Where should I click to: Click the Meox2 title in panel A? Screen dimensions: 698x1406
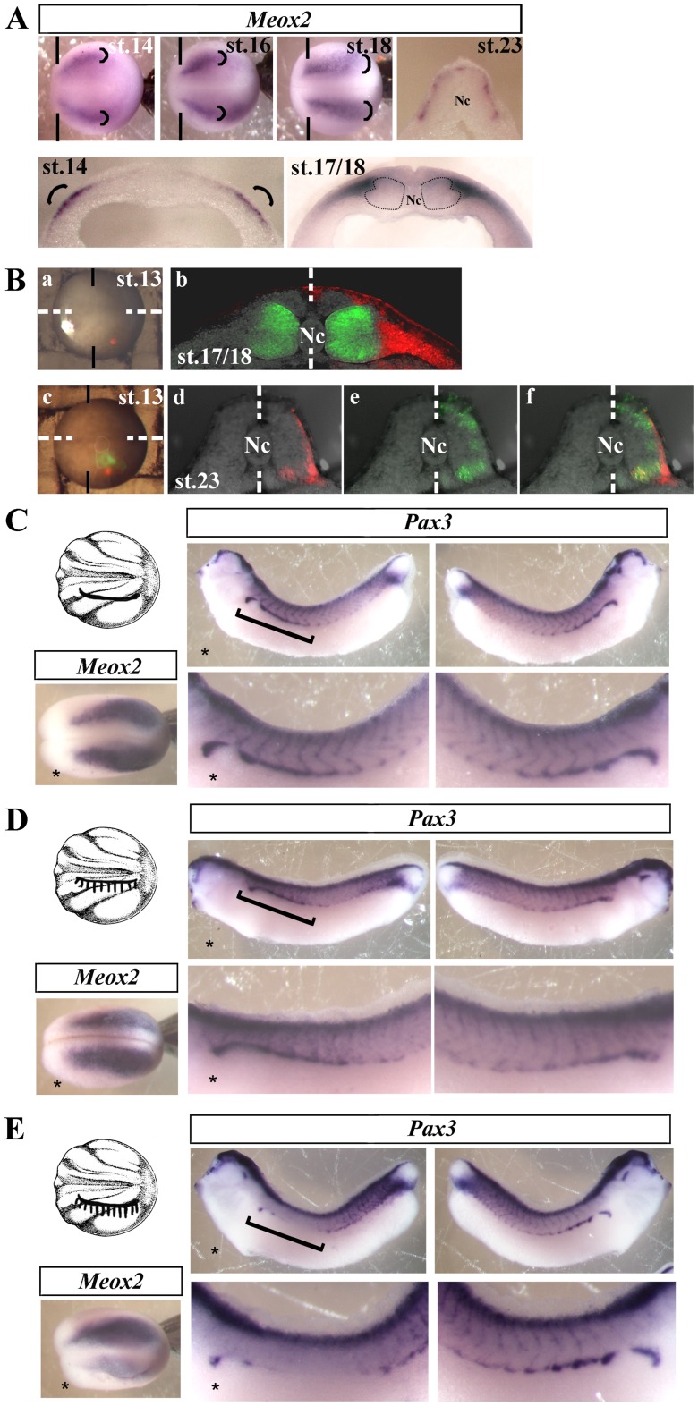point(278,20)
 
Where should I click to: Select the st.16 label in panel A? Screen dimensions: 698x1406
point(249,46)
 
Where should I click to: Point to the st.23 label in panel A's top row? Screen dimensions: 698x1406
point(498,46)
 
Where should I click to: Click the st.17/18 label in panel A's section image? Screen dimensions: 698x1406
point(328,167)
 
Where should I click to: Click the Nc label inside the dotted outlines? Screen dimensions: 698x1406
point(413,199)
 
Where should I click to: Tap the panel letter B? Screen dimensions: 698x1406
point(16,280)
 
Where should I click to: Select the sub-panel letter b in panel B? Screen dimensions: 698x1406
point(182,279)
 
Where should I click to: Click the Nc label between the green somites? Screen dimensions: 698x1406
point(311,335)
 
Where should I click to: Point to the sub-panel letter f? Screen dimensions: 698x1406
point(530,397)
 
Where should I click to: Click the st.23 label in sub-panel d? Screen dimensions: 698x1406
point(198,481)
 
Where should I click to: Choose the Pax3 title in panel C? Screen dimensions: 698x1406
point(427,522)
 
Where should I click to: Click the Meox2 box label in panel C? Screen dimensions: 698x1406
point(107,666)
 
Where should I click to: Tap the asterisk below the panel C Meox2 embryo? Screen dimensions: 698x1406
point(55,775)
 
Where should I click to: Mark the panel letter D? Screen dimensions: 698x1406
point(16,821)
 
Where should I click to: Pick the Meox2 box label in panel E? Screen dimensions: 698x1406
point(111,1281)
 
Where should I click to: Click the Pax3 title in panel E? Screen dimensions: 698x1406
point(431,1128)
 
